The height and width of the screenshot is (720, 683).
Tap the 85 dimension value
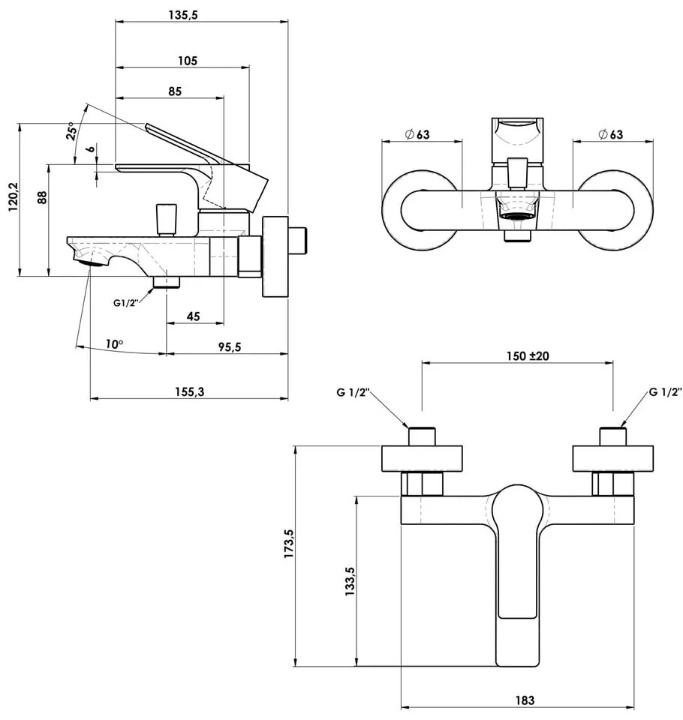coord(174,91)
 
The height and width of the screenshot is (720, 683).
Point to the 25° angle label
coord(72,132)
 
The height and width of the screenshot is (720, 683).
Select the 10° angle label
coord(114,344)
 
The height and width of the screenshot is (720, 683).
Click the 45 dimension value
coord(193,316)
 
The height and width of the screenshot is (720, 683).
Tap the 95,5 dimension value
coord(227,346)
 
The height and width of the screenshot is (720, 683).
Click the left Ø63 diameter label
coord(417,134)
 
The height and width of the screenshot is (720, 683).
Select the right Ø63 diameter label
coord(611,134)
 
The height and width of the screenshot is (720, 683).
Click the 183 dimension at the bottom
coord(525,700)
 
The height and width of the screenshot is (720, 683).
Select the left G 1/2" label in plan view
coord(353,392)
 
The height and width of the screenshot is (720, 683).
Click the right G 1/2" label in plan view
coord(665,392)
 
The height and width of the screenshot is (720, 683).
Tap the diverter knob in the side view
coord(165,219)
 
